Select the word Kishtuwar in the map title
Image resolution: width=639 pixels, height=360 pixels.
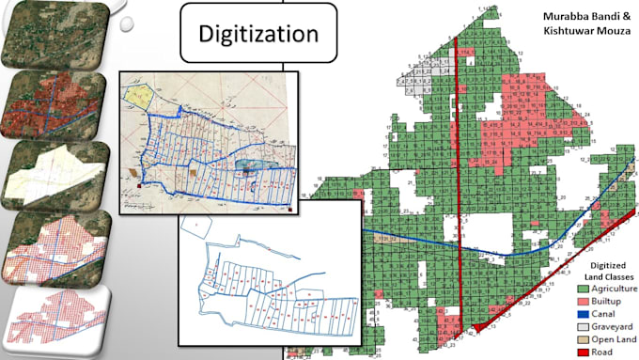(x=570, y=34)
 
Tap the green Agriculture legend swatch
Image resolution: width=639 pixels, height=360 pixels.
(x=583, y=289)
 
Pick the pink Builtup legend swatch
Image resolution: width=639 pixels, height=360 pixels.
(x=583, y=301)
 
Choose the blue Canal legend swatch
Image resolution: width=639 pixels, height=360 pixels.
(x=583, y=313)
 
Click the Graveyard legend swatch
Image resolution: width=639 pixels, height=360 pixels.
(x=583, y=325)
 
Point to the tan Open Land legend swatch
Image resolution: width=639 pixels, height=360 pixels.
(x=583, y=337)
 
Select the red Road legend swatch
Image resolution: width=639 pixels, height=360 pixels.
(x=583, y=350)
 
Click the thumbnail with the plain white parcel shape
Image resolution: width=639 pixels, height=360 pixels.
(x=56, y=177)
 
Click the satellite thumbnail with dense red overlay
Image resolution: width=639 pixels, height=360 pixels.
(x=55, y=105)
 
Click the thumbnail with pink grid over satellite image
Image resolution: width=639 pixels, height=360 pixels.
(x=56, y=246)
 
